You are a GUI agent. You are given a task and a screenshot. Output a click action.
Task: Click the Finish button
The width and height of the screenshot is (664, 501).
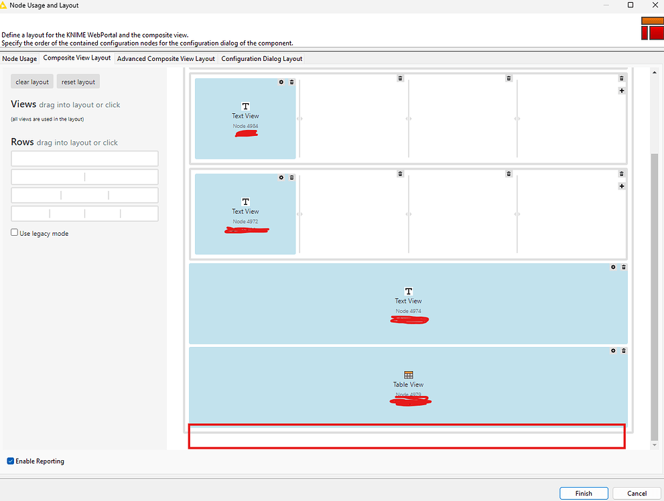coord(584,494)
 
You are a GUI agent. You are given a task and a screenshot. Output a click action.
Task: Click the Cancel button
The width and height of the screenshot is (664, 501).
coord(637,494)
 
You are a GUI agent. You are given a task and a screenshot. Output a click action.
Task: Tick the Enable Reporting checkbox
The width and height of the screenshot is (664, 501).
coord(11,461)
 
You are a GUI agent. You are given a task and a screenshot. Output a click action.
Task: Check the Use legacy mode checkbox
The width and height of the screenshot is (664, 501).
coord(15,233)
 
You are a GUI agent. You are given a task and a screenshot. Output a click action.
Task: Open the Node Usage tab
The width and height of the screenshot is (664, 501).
coord(19,59)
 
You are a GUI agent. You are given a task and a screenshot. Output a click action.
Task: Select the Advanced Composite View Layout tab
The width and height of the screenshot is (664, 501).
coord(165,59)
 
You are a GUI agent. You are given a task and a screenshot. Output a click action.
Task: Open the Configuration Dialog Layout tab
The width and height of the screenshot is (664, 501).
coord(262,59)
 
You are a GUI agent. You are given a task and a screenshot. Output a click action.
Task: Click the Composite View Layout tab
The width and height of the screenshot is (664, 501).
coord(77,58)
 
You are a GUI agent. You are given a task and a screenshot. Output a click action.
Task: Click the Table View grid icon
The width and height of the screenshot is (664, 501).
coord(409,375)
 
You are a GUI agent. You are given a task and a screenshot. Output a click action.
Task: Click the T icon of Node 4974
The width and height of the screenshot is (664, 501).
coord(409,291)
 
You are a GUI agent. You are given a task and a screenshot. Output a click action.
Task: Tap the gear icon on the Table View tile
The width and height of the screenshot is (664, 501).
coord(613,350)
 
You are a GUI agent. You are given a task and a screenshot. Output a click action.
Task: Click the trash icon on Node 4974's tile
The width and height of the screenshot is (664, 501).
coord(624,267)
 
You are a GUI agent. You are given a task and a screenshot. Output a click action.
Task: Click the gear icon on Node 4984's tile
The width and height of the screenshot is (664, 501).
coord(281,82)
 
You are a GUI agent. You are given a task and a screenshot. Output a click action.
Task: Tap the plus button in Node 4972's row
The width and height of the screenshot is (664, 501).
coord(622,186)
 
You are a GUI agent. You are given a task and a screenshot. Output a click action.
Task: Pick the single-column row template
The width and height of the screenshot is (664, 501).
coord(84,159)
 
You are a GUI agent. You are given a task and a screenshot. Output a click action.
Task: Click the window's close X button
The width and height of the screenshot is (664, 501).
coord(654,5)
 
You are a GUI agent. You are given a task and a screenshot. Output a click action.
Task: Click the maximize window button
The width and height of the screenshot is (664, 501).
coord(630,5)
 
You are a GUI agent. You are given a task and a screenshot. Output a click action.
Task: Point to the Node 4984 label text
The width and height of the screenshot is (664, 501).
coord(245,126)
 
